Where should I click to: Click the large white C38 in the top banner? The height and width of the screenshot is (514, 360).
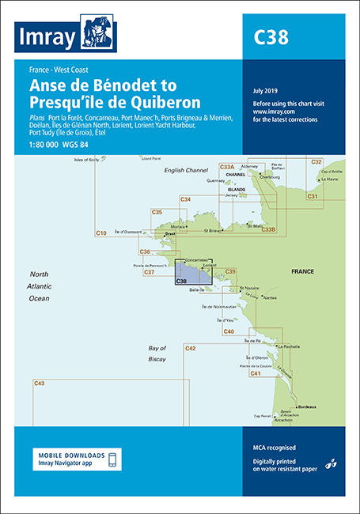tap(271, 37)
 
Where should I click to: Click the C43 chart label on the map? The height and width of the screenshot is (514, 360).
tap(39, 384)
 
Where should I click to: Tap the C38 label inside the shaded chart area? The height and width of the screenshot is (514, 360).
tap(180, 282)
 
